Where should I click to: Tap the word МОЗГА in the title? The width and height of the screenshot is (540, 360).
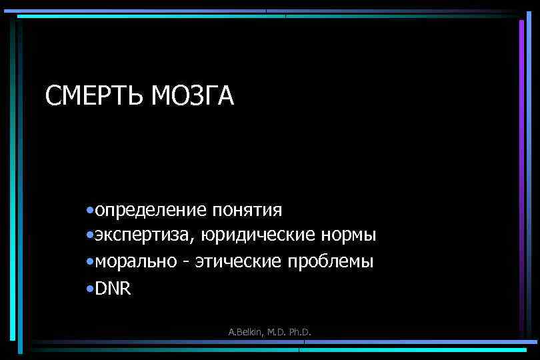[193, 96]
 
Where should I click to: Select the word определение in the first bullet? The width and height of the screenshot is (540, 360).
[151, 210]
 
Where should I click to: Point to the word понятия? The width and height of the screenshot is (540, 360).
[247, 211]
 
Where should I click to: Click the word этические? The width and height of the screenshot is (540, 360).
[237, 262]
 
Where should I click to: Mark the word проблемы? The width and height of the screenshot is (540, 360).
[330, 262]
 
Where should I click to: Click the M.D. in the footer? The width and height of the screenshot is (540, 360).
[275, 331]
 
